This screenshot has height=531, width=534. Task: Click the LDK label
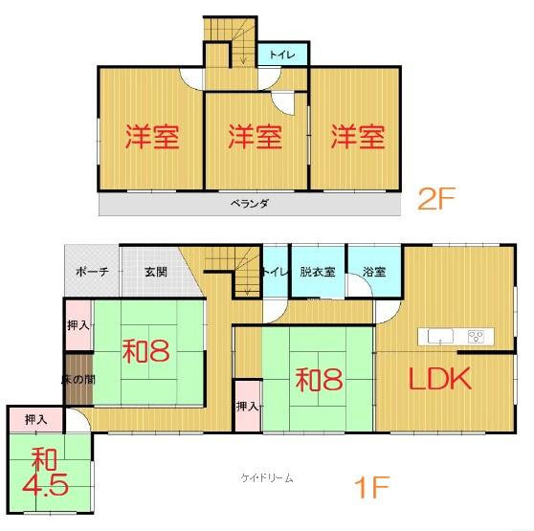click(441, 379)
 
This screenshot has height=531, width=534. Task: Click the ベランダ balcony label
click(250, 203)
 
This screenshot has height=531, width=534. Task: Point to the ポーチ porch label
click(92, 272)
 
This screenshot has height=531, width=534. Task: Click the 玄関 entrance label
click(156, 272)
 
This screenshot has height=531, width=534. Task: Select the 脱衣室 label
click(318, 272)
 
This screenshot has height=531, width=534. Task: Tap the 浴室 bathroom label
click(374, 272)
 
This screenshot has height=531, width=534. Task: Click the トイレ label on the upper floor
click(282, 55)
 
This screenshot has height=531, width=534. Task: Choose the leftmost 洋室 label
click(152, 137)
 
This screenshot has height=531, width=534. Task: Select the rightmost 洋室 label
click(358, 137)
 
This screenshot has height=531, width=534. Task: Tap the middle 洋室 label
click(255, 137)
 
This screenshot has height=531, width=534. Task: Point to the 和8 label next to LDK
click(319, 380)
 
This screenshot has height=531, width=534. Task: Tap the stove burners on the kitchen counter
click(477, 336)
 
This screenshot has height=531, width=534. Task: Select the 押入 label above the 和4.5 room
click(36, 419)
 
